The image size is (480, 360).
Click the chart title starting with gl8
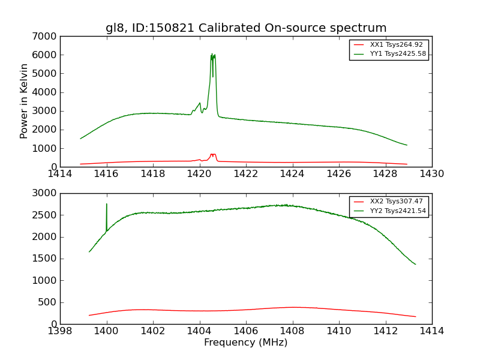(x=246, y=28)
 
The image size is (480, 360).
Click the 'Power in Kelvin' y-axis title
(x=24, y=101)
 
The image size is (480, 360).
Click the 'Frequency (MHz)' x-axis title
(x=245, y=343)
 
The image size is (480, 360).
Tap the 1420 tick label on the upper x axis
(x=199, y=174)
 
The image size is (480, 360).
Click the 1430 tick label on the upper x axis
(x=431, y=174)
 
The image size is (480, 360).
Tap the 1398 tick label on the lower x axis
(x=60, y=331)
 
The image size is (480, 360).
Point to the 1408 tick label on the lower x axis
(x=292, y=331)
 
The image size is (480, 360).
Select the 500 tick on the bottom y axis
(x=48, y=302)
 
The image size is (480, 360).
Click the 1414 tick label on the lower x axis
(x=431, y=331)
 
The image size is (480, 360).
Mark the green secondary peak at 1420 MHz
(x=200, y=103)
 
